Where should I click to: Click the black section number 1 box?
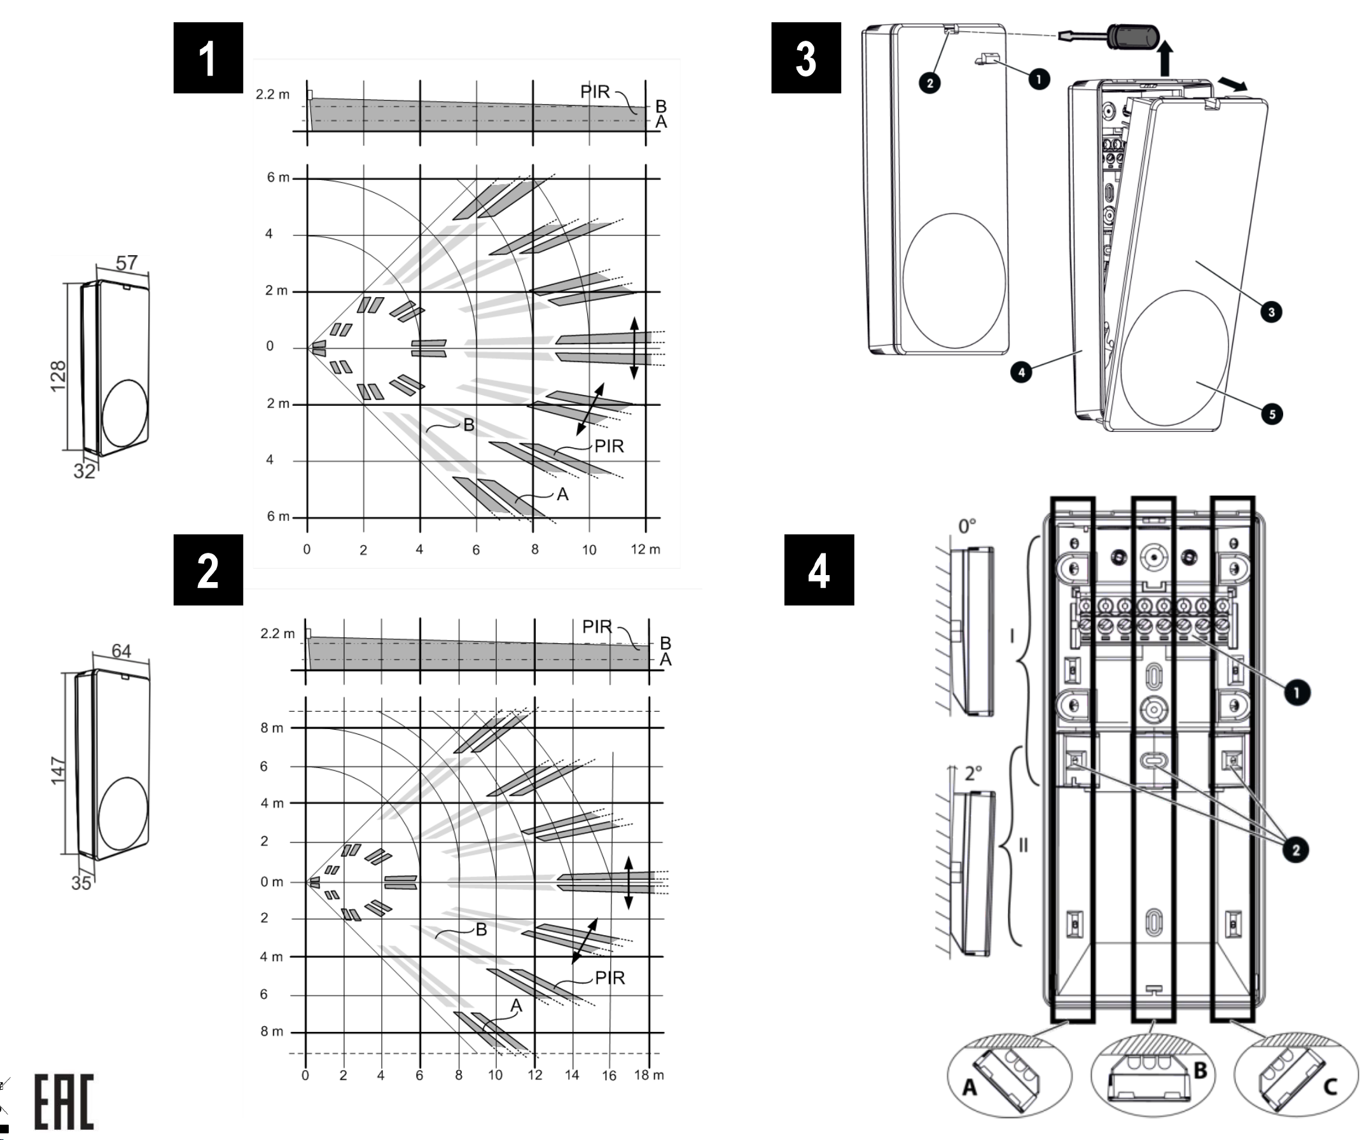[208, 58]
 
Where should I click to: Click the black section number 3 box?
[805, 58]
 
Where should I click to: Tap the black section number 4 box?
[818, 569]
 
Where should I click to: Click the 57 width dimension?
[127, 263]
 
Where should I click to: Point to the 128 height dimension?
[59, 375]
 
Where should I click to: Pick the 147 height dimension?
[59, 770]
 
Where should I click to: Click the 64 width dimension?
[122, 651]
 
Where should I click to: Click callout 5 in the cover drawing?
[1272, 414]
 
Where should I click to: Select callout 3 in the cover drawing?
[1271, 312]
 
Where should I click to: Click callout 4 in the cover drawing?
[1021, 372]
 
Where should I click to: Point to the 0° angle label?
[967, 525]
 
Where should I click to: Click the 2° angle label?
[973, 773]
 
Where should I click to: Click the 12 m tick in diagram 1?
[645, 550]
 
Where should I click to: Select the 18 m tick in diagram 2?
[648, 1075]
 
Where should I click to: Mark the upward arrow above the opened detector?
[1167, 57]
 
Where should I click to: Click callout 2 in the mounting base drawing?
[1296, 850]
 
